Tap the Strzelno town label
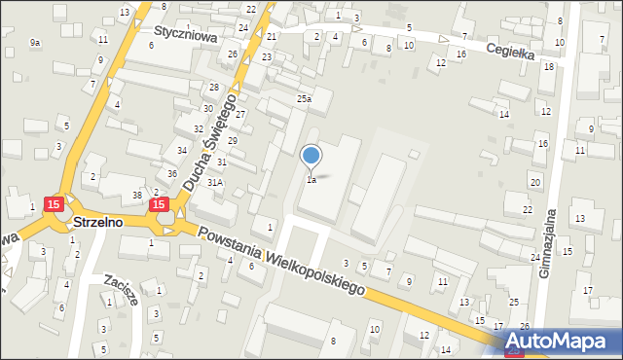click(97, 223)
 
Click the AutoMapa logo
click(562, 342)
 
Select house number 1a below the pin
click(311, 180)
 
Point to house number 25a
click(305, 99)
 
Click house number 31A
click(215, 182)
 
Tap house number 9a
click(35, 43)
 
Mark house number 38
click(137, 195)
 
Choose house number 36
click(172, 173)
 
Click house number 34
click(182, 150)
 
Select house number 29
click(233, 141)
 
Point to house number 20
click(534, 183)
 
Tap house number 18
click(549, 66)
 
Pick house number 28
click(213, 88)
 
